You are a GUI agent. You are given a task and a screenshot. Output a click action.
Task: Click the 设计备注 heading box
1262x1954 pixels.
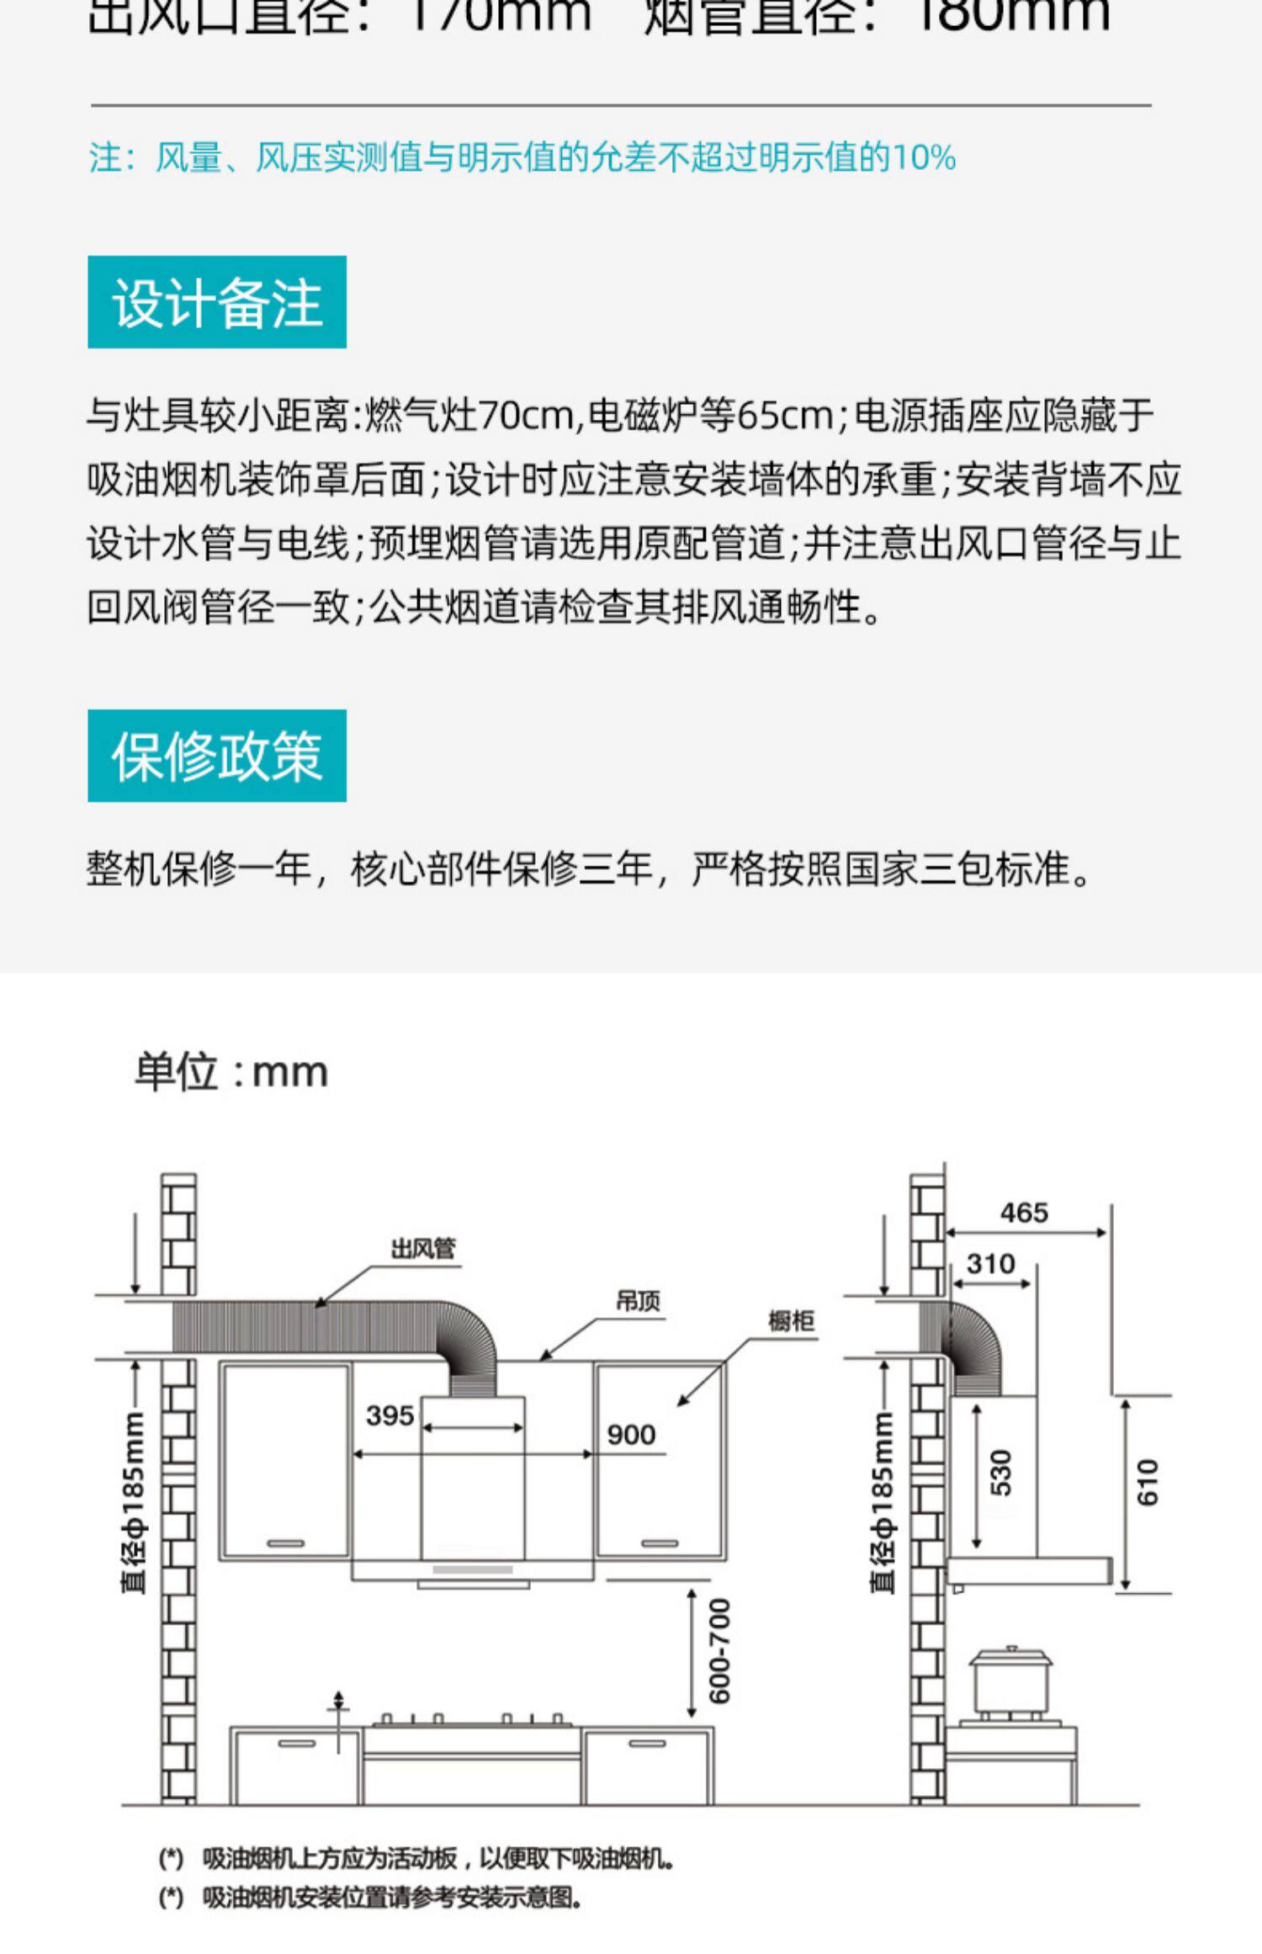217,302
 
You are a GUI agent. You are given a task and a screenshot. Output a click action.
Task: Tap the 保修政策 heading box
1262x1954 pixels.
217,756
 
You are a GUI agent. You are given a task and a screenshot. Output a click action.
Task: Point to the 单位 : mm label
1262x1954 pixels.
231,1072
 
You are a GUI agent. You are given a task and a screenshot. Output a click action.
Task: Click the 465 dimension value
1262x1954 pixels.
1024,1213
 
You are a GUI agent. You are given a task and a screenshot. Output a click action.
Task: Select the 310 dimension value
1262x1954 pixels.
990,1263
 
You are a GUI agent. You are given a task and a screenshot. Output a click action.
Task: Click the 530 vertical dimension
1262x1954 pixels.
1000,1472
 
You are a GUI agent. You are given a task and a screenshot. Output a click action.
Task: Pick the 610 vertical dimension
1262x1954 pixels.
1148,1482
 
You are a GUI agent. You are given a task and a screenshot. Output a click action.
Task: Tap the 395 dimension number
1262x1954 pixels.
390,1415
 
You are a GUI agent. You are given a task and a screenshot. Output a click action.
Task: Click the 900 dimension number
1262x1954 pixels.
631,1435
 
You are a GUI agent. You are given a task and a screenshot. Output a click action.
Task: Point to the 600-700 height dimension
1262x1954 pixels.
720,1651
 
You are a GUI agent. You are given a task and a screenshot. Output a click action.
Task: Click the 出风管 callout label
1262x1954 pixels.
422,1249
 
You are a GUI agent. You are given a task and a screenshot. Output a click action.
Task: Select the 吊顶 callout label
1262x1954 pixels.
638,1302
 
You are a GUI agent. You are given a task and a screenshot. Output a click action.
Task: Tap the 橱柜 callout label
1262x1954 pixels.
791,1321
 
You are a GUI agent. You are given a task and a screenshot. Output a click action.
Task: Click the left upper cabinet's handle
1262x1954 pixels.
285,1543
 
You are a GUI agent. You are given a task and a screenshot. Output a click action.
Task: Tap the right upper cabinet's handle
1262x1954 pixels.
659,1543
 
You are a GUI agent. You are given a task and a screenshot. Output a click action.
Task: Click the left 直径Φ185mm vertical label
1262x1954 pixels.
134,1501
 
